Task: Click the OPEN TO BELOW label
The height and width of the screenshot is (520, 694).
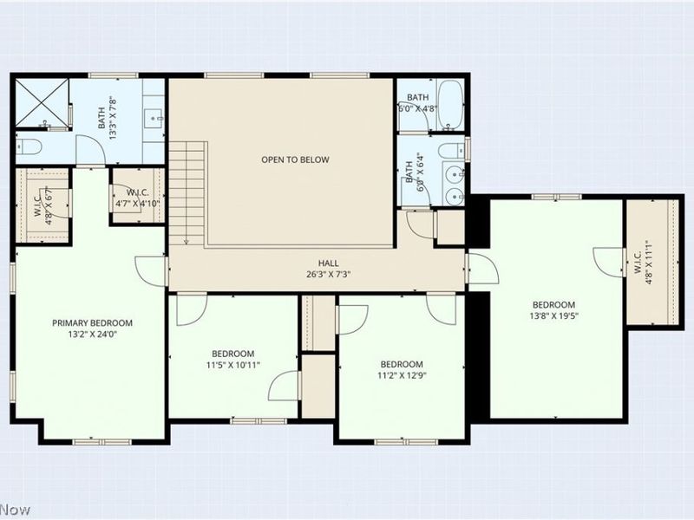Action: (x=295, y=159)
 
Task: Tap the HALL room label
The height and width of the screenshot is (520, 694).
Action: (x=329, y=263)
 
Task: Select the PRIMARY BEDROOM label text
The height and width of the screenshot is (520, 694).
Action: (x=92, y=323)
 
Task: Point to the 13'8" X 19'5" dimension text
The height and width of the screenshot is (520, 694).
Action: (x=553, y=315)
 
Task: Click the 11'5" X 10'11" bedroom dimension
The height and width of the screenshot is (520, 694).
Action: (x=232, y=365)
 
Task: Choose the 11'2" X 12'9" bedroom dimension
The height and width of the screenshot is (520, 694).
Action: (x=402, y=376)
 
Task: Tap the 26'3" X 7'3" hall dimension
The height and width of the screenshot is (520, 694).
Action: (x=329, y=274)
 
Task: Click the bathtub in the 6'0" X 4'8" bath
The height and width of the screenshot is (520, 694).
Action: (x=450, y=105)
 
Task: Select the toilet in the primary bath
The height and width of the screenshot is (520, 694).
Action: (x=29, y=146)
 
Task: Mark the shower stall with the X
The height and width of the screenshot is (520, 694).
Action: (x=43, y=102)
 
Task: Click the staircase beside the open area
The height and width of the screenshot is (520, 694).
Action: (x=187, y=193)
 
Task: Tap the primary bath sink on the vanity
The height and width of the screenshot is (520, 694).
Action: (x=154, y=118)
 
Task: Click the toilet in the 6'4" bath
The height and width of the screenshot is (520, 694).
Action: (x=451, y=150)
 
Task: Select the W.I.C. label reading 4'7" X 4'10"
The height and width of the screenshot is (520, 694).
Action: (x=137, y=198)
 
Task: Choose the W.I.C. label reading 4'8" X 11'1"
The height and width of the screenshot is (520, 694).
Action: (x=644, y=269)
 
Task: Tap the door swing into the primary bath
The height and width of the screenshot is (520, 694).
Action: (x=90, y=150)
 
